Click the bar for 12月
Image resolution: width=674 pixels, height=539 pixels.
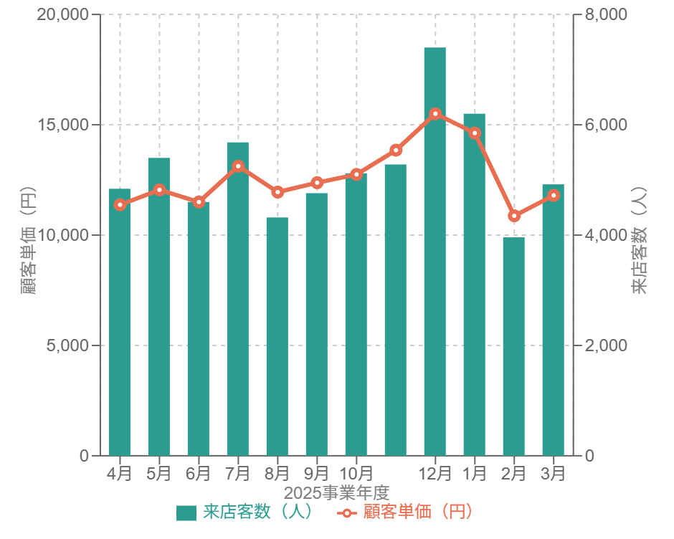(x=435, y=251)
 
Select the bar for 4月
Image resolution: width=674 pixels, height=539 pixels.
(x=119, y=322)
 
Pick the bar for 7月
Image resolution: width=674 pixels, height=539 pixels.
(x=237, y=298)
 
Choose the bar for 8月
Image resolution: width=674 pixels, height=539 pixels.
(x=277, y=336)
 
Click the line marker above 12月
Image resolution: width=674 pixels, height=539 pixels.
(x=435, y=113)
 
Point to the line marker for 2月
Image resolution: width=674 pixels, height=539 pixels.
(x=513, y=216)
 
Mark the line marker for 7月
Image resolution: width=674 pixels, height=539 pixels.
(x=237, y=166)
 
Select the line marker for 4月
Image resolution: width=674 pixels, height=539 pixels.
(x=119, y=205)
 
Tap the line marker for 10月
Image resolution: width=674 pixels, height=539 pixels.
(x=356, y=174)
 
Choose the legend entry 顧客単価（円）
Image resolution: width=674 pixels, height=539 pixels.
(x=406, y=512)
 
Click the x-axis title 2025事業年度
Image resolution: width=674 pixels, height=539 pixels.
(x=336, y=492)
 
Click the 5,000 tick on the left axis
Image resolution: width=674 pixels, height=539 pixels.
(x=68, y=345)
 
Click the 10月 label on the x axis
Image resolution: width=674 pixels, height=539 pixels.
(x=356, y=474)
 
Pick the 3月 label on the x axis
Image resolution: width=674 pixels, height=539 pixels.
(x=553, y=474)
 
